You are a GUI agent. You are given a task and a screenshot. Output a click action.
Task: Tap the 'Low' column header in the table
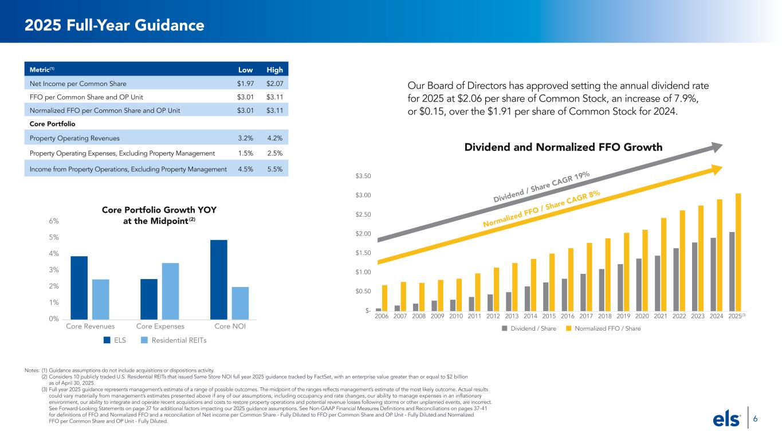coord(245,70)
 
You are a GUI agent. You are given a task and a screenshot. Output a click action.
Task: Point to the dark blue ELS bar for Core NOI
coord(219,280)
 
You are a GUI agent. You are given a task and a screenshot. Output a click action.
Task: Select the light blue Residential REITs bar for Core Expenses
coord(170,291)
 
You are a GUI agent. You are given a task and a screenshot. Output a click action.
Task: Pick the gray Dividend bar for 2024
coord(713,274)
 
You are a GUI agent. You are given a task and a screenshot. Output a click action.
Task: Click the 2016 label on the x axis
coord(567,316)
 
